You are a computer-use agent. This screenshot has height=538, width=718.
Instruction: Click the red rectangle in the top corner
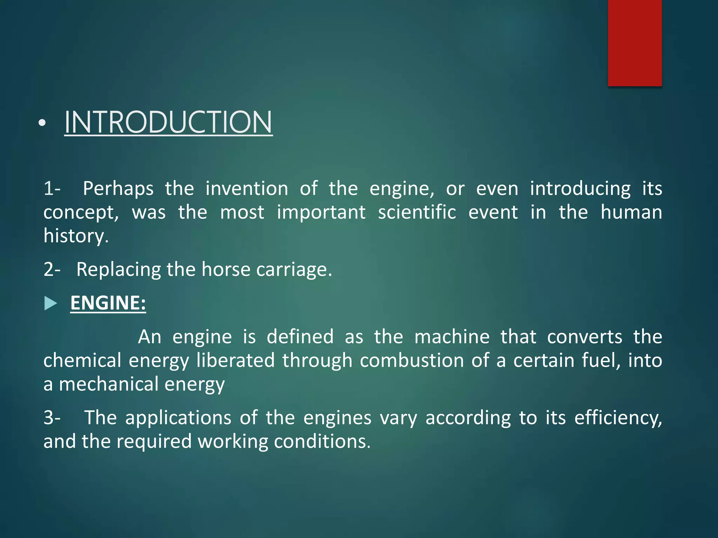(x=635, y=43)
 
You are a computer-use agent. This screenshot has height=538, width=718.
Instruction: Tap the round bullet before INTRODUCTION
(x=42, y=123)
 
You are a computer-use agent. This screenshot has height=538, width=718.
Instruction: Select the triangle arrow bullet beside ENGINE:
(x=50, y=303)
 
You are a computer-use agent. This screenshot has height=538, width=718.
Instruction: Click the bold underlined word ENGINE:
(x=108, y=303)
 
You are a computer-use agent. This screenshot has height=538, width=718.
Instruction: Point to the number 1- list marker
(x=52, y=189)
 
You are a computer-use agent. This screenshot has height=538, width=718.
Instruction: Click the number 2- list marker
(x=52, y=270)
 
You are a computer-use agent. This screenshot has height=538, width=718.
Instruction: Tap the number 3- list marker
(x=52, y=418)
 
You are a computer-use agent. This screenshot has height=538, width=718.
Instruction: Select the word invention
(x=246, y=189)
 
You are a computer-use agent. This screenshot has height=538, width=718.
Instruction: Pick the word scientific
(x=417, y=212)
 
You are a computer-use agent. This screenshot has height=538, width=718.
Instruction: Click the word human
(x=631, y=212)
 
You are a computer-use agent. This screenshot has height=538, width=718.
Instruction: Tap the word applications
(x=178, y=418)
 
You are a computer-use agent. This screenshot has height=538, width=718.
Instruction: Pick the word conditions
(x=322, y=441)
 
